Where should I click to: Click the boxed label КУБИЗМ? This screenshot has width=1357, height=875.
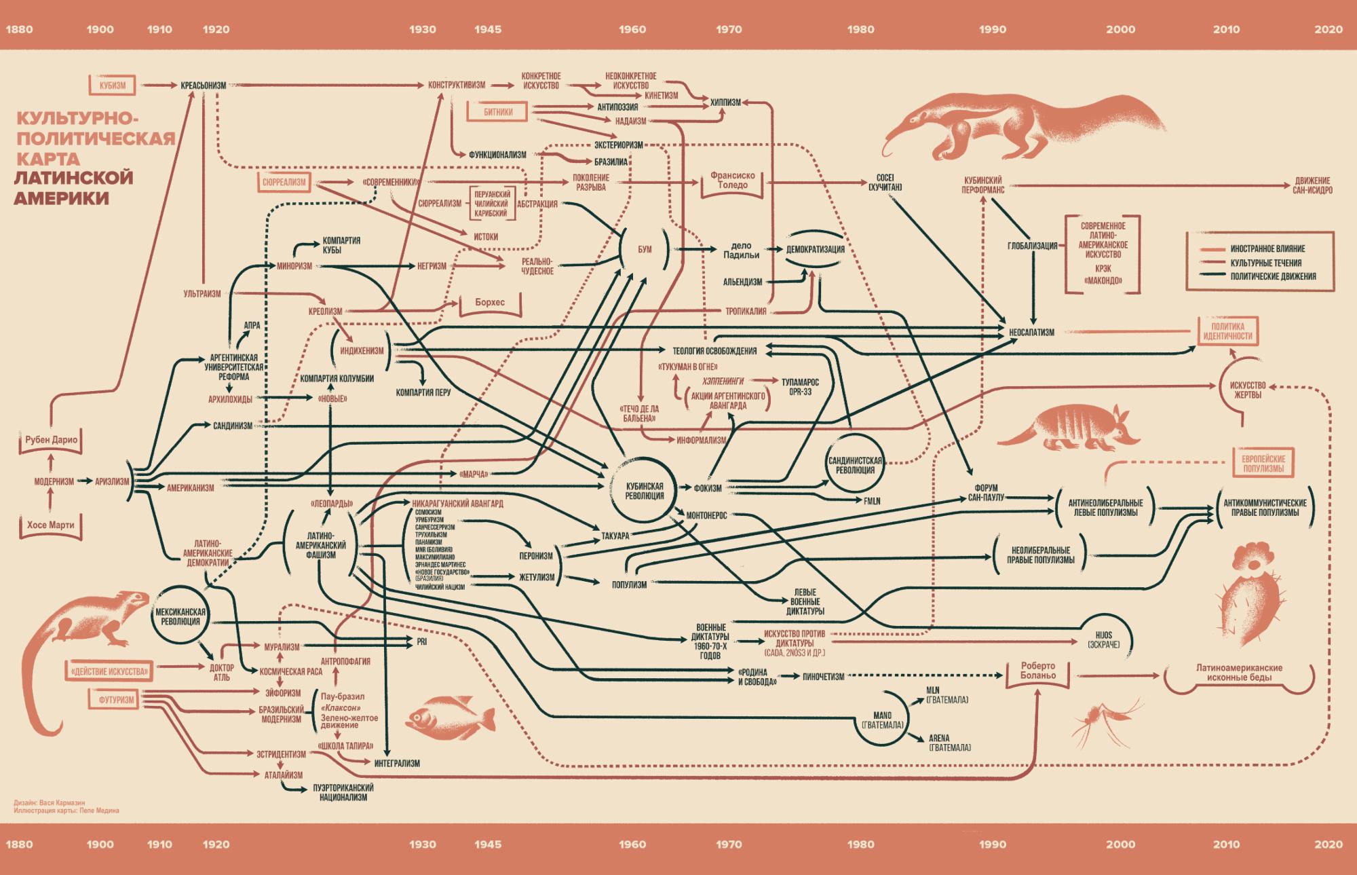point(113,86)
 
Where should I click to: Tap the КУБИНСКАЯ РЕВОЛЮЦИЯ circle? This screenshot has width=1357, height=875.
point(644,491)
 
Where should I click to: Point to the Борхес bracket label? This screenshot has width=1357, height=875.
point(490,302)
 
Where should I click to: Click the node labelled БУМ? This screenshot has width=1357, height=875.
point(645,249)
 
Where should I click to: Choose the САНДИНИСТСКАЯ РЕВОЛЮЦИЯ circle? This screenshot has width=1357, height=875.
point(855,465)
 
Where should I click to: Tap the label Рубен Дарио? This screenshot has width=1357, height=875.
point(51,440)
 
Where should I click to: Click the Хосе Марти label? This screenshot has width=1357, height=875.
point(50,525)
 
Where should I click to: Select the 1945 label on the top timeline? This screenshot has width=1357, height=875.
point(488,29)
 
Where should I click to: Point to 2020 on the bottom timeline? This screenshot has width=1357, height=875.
point(1328,844)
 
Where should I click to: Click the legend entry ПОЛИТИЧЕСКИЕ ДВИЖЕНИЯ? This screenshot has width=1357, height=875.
point(1273,276)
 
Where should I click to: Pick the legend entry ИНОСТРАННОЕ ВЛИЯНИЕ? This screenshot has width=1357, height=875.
point(1267,248)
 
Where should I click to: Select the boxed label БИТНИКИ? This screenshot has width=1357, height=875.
point(498,112)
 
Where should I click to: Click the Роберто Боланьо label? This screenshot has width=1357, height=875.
point(1037,670)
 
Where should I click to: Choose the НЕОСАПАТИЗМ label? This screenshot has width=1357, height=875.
point(1031,333)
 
